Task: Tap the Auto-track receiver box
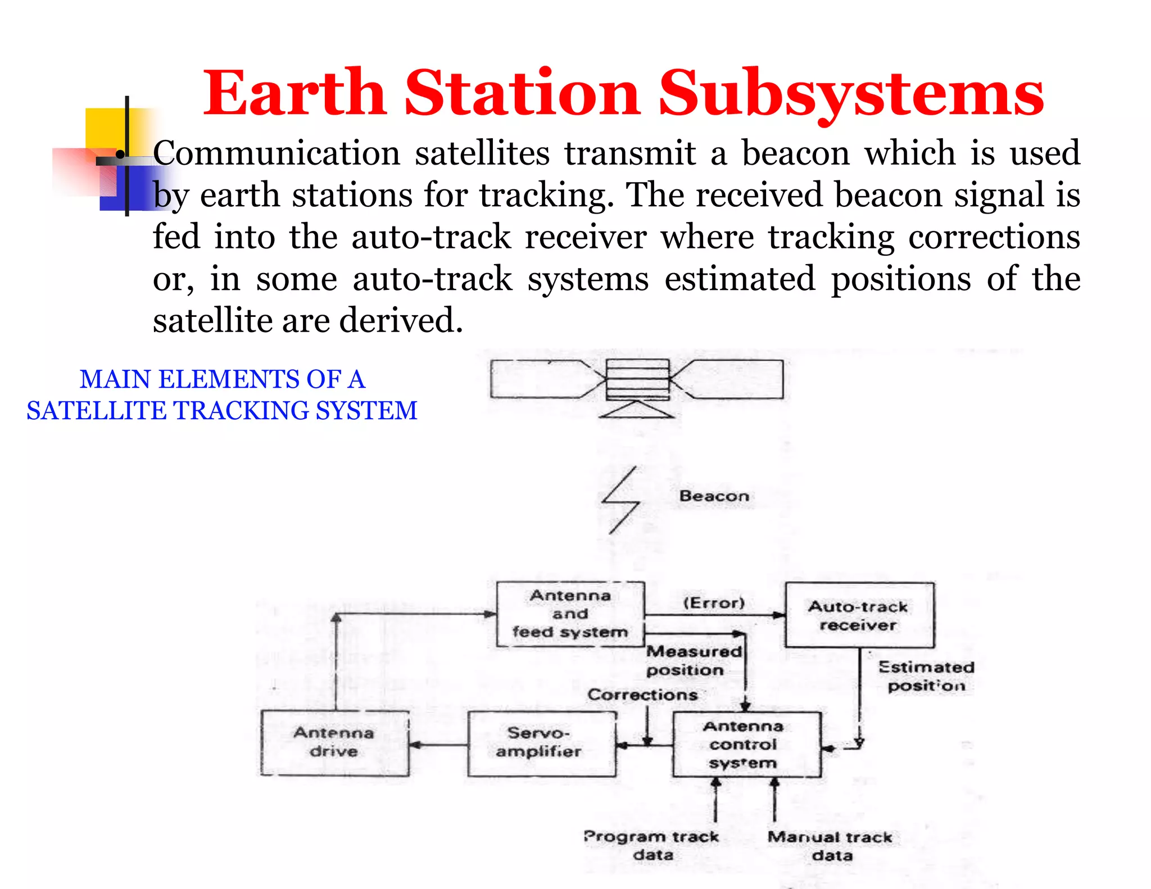coord(859,615)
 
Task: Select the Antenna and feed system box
coord(570,614)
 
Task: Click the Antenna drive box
coord(334,742)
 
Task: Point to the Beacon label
coord(714,496)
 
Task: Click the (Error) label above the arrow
coord(714,603)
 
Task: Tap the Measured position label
coord(693,660)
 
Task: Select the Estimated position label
coord(926,676)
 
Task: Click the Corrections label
coord(642,695)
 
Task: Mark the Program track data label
coord(652,845)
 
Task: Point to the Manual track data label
coord(830,846)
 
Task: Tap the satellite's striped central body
coord(637,379)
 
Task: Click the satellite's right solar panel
coord(733,379)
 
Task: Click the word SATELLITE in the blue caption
coord(96,411)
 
